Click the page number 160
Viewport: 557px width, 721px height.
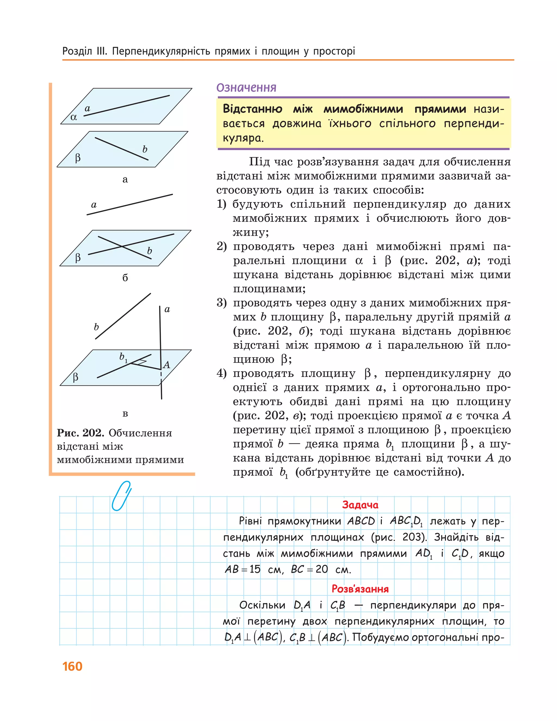(x=72, y=666)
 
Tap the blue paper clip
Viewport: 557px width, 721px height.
(x=121, y=496)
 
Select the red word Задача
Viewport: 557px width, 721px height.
(x=360, y=505)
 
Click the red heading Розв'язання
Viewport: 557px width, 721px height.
(x=360, y=589)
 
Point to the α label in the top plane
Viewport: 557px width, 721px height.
(x=74, y=117)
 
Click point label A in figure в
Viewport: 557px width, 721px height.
(x=166, y=365)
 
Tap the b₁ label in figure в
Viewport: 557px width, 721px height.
(x=123, y=357)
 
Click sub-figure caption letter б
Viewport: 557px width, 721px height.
(x=125, y=278)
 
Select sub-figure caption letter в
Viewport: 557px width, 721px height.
(x=125, y=414)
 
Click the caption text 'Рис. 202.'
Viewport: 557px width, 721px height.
(x=81, y=433)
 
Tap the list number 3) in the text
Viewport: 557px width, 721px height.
(x=222, y=303)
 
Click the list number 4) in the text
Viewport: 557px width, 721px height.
(x=222, y=373)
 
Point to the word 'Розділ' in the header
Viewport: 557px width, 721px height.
(x=77, y=51)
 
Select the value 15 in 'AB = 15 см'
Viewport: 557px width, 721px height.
(x=255, y=569)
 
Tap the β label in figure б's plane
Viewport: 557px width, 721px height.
(x=78, y=257)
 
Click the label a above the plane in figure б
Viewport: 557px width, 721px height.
(x=94, y=205)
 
